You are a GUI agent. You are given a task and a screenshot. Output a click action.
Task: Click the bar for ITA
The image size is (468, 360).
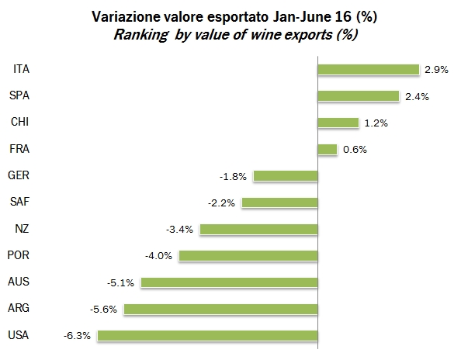point(368,70)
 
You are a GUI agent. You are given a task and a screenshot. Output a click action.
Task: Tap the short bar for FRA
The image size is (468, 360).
point(327,149)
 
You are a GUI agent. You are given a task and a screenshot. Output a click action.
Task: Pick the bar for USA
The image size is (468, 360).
point(207,336)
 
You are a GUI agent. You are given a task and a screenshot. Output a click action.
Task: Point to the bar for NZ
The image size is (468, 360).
point(258,229)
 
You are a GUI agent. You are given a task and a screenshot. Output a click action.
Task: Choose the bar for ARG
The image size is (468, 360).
point(221,309)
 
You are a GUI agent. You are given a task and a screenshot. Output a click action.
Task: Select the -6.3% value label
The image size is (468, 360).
point(78,336)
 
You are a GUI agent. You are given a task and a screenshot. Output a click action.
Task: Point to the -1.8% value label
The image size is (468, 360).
point(233,176)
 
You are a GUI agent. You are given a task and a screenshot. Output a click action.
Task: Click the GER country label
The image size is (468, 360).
point(19,176)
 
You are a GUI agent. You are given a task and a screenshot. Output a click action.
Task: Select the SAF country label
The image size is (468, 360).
point(19,202)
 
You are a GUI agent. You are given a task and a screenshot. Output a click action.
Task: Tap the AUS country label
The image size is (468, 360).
point(19,282)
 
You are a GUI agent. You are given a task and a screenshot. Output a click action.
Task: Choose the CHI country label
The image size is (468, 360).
point(20,122)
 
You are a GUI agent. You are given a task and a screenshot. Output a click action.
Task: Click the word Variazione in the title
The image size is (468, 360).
point(123,16)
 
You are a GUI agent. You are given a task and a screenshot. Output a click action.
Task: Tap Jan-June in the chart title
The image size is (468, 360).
point(292,16)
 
